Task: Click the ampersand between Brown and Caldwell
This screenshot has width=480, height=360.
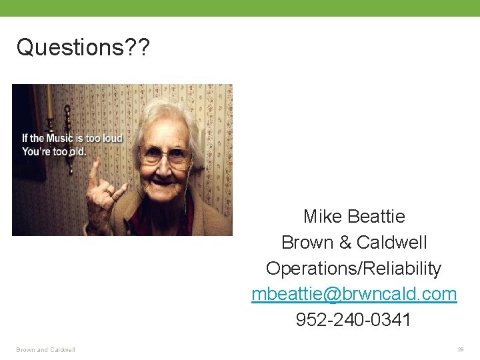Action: pos(345,243)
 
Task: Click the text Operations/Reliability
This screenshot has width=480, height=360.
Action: pos(353,269)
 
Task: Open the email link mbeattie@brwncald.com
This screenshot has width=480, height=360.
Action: pos(354,295)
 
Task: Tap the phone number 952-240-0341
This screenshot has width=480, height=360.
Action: pos(353,321)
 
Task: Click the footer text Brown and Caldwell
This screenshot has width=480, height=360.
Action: pos(46,349)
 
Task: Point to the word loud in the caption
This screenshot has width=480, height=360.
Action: pos(112,139)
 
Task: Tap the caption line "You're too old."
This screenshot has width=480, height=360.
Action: pos(54,151)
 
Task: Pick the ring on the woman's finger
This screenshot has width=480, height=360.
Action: pos(107,193)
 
